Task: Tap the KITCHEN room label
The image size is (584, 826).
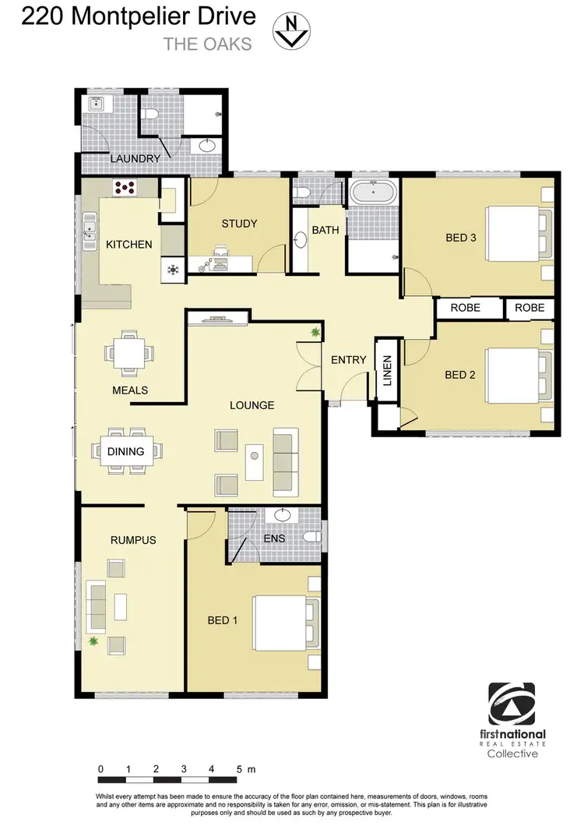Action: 129,245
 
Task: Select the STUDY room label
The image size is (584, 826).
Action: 238,224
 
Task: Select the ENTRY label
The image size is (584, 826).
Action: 348,360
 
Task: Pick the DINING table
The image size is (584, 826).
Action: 126,451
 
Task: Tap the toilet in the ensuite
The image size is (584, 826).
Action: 311,537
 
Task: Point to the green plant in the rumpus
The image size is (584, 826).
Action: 94,641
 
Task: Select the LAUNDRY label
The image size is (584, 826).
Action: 135,159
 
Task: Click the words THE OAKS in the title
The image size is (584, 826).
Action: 207,44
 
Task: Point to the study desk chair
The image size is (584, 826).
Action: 219,252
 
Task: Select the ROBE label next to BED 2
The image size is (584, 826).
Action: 465,308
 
